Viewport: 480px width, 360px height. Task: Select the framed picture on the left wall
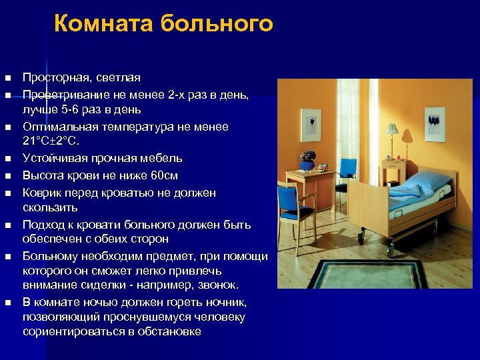coord(310,124)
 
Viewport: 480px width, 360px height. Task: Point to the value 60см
coord(163,175)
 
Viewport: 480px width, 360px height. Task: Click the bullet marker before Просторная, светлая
coord(7,79)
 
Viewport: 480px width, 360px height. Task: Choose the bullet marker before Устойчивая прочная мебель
coord(7,159)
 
